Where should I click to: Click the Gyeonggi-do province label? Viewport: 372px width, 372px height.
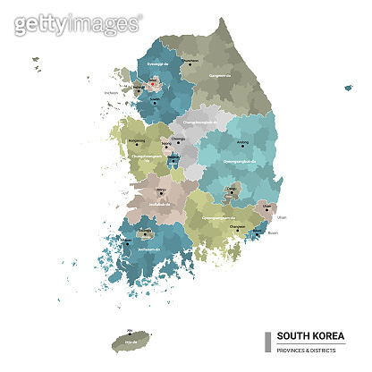157,65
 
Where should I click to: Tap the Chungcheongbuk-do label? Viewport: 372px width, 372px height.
200,120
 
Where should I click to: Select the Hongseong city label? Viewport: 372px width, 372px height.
137,140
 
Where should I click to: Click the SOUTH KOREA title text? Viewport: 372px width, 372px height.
308,335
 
